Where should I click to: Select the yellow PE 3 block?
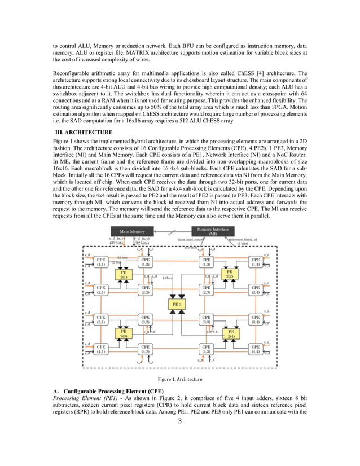click(176, 304)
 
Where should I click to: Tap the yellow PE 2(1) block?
click(123, 274)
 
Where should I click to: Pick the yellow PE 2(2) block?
click(230, 274)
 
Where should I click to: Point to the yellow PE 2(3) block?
click(123, 333)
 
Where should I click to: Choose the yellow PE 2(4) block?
click(230, 333)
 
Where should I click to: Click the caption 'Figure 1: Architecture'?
click(180, 379)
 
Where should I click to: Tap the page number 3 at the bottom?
click(179, 421)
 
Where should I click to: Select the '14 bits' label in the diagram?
click(167, 278)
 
